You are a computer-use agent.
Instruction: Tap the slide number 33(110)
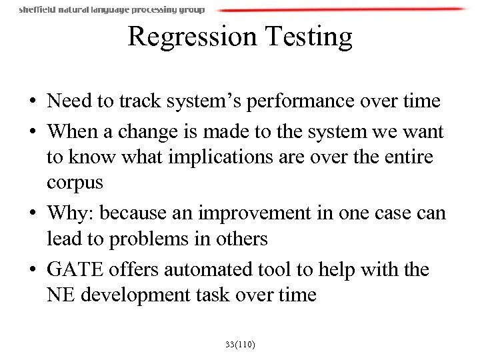click(x=240, y=345)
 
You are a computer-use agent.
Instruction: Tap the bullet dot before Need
click(x=33, y=102)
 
